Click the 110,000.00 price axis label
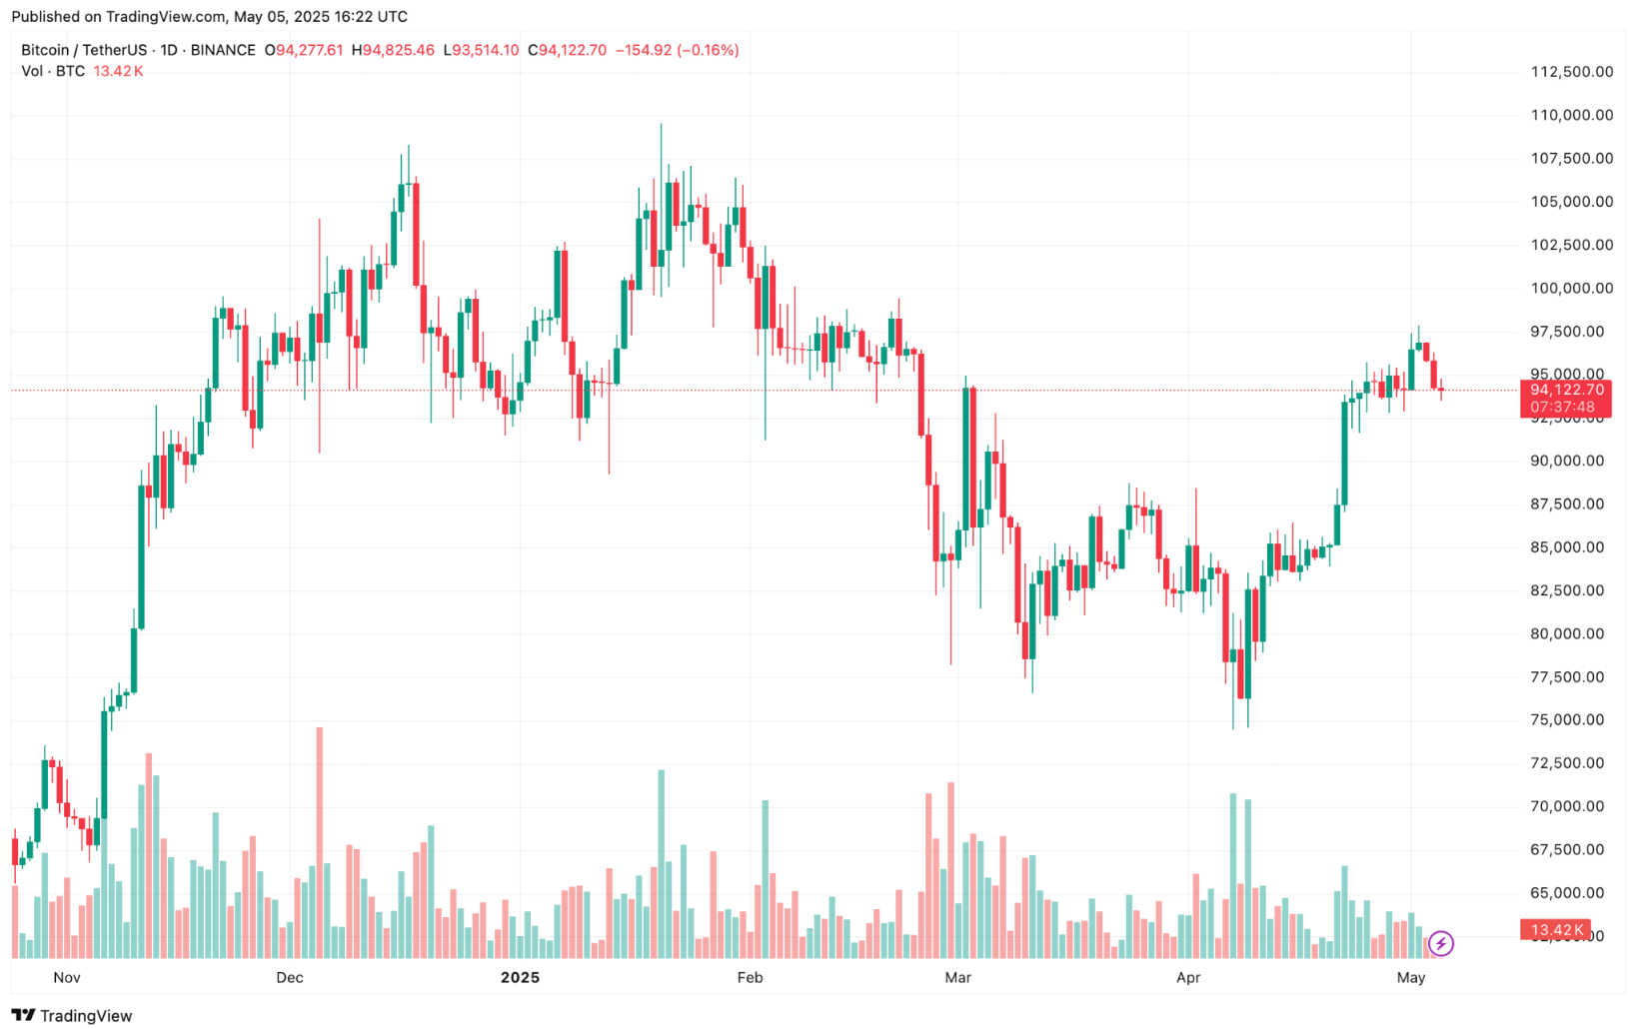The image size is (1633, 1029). tap(1571, 115)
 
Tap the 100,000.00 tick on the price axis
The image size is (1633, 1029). tap(1571, 288)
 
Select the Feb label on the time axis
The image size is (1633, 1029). tap(750, 977)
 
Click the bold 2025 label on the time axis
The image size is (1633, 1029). tap(520, 977)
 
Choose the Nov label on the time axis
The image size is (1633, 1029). tap(67, 977)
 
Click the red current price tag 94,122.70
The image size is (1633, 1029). tap(1565, 390)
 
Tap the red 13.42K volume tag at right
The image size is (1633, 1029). tap(1555, 930)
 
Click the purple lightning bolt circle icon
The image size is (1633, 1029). tap(1440, 943)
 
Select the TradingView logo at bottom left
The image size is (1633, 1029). tap(72, 1015)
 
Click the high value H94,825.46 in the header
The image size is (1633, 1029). tap(393, 50)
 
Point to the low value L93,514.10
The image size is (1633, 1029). tap(481, 50)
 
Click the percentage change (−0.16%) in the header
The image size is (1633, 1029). tap(708, 50)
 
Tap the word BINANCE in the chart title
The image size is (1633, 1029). tap(223, 50)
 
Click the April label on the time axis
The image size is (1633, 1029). tap(1187, 977)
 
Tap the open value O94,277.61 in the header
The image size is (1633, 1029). tap(304, 50)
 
